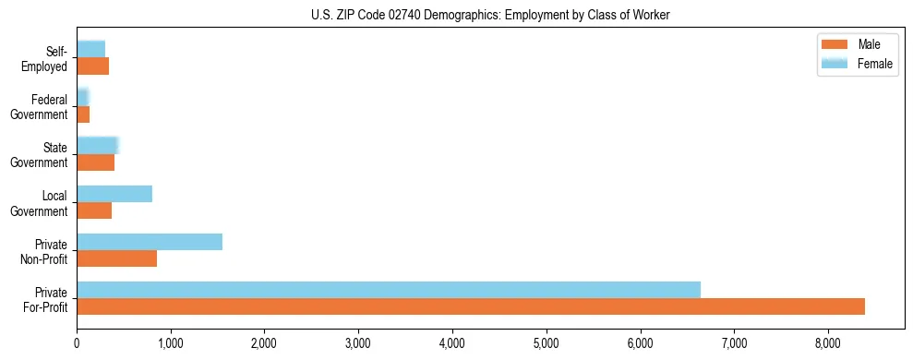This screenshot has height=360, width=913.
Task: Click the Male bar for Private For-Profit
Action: click(471, 306)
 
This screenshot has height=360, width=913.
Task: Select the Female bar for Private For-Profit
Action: click(389, 290)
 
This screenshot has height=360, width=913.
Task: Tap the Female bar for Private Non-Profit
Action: click(150, 242)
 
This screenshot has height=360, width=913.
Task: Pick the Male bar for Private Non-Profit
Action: click(117, 258)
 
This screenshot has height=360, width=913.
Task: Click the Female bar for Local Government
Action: click(114, 194)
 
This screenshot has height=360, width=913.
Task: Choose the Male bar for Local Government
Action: click(94, 210)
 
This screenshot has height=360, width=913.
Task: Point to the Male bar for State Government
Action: click(96, 162)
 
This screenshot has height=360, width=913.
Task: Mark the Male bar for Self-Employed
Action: click(93, 66)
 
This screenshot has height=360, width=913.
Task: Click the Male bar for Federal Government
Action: click(83, 114)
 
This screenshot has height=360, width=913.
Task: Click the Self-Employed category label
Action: click(46, 59)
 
